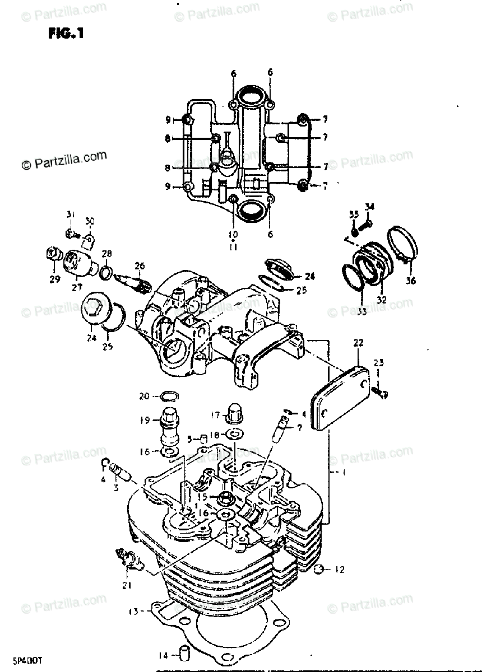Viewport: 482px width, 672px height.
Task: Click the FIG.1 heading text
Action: point(66,33)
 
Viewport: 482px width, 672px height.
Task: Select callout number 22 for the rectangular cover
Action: point(359,342)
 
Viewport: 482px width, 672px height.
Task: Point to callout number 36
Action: point(411,281)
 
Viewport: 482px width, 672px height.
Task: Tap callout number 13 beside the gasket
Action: point(133,612)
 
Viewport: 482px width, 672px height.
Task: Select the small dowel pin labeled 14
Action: point(183,654)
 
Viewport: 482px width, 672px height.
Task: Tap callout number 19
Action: point(144,419)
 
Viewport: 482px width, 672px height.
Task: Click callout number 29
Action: point(54,279)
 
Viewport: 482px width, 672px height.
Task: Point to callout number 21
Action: point(127,586)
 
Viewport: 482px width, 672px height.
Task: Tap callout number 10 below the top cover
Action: point(233,234)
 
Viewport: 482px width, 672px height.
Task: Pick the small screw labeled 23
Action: point(382,394)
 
